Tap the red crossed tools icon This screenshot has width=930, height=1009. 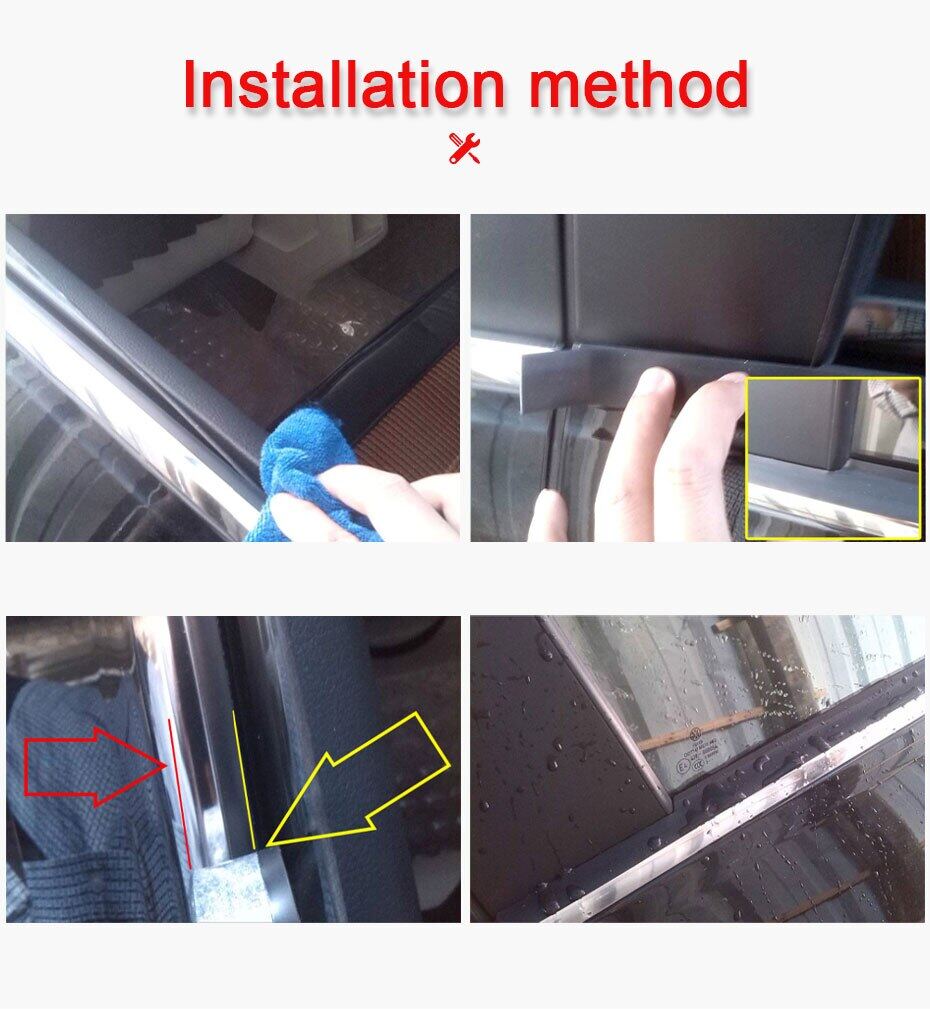[465, 147]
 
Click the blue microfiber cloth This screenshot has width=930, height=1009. [310, 470]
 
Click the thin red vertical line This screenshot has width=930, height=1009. [179, 790]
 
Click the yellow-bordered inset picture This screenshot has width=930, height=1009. [832, 458]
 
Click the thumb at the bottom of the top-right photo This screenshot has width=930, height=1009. [548, 515]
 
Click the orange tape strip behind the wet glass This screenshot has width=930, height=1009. [700, 728]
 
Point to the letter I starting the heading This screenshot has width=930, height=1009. [193, 85]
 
